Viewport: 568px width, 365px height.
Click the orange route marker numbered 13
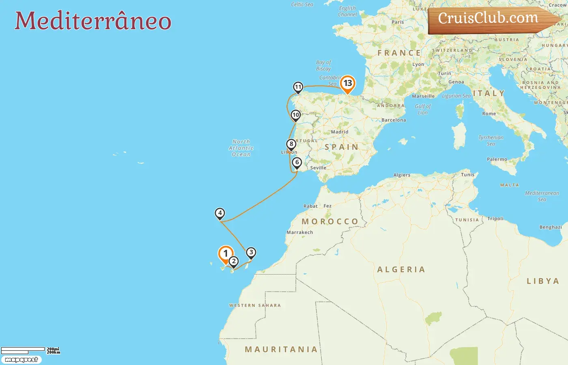pyautogui.click(x=348, y=84)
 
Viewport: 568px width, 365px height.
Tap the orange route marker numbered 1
pyautogui.click(x=226, y=254)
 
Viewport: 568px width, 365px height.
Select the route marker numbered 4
pyautogui.click(x=219, y=213)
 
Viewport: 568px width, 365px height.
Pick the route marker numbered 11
pyautogui.click(x=298, y=87)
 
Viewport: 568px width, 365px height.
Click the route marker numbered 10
pyautogui.click(x=296, y=115)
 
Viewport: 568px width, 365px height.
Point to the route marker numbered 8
pyautogui.click(x=291, y=144)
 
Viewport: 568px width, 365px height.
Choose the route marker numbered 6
pyautogui.click(x=297, y=163)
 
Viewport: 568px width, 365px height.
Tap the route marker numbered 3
pyautogui.click(x=251, y=252)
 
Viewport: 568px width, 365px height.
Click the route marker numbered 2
pyautogui.click(x=233, y=261)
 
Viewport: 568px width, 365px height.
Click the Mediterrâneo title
pyautogui.click(x=93, y=21)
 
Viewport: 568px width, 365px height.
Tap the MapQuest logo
pyautogui.click(x=21, y=360)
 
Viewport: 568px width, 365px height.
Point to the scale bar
pyautogui.click(x=23, y=350)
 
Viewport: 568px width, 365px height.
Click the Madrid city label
pyautogui.click(x=340, y=132)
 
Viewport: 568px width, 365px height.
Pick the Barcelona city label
pyautogui.click(x=394, y=120)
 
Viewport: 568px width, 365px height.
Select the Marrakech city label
pyautogui.click(x=300, y=232)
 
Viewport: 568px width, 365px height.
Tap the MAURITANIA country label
pyautogui.click(x=281, y=349)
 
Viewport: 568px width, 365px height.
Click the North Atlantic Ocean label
pyautogui.click(x=241, y=148)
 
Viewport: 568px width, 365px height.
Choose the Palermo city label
pyautogui.click(x=497, y=159)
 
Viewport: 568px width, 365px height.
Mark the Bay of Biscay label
pyautogui.click(x=324, y=65)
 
